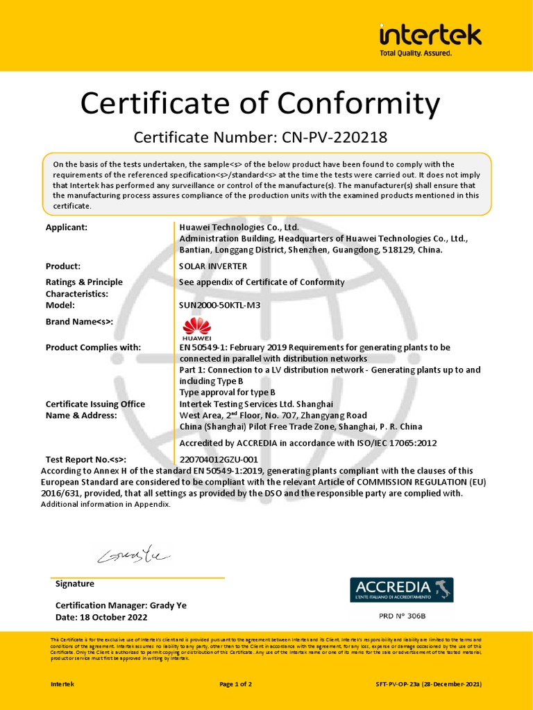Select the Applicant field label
click(x=67, y=227)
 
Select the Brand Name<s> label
click(x=79, y=321)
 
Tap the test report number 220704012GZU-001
click(x=219, y=459)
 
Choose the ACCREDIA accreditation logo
click(x=400, y=589)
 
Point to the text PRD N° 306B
click(x=402, y=616)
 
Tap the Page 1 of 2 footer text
click(x=235, y=684)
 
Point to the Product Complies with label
click(x=93, y=347)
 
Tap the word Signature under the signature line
click(x=75, y=584)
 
